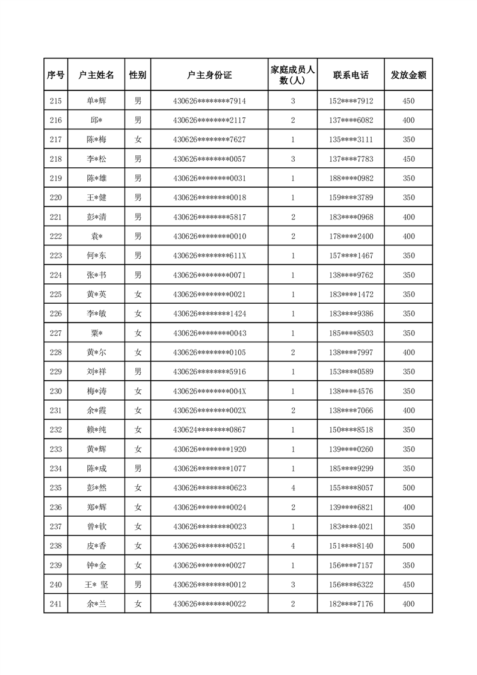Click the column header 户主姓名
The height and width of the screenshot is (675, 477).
pos(96,75)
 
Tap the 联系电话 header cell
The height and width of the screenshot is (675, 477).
pos(351,75)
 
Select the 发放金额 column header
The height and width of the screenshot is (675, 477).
pos(408,75)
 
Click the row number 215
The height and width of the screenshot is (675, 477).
pos(56,101)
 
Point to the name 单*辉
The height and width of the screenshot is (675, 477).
pos(96,101)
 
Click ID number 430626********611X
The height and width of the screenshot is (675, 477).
pos(209,256)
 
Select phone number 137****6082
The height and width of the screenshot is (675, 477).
pos(351,120)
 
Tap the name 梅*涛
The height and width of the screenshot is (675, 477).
pos(96,391)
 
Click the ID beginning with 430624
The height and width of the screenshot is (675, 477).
pos(209,430)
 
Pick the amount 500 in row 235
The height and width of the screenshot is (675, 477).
pos(408,488)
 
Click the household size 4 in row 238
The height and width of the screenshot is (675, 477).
pos(293,546)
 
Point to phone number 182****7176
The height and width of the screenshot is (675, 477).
pos(351,603)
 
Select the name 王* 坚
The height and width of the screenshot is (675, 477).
pos(96,584)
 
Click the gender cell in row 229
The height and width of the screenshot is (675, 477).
pos(138,372)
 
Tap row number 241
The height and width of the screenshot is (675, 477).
pos(56,603)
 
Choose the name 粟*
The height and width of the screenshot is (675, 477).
pos(96,333)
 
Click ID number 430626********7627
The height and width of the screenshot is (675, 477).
pos(209,140)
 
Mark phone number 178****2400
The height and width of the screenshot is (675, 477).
pos(351,236)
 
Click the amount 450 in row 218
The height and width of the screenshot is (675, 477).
pos(408,159)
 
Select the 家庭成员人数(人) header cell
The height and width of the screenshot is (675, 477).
pos(293,75)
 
